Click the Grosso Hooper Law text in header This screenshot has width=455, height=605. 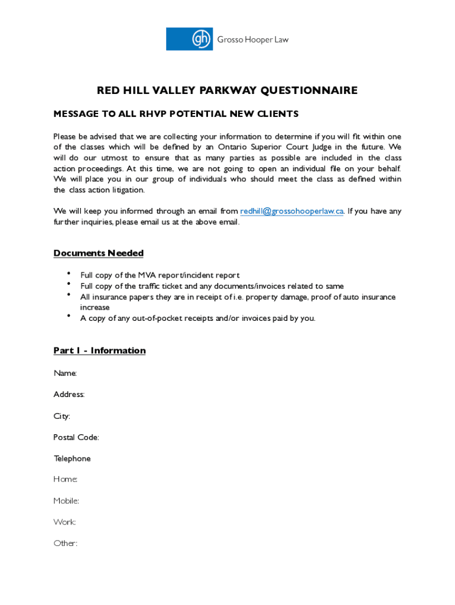(252, 40)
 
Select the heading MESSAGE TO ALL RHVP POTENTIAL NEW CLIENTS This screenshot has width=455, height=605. (176, 113)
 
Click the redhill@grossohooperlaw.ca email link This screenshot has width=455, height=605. (291, 211)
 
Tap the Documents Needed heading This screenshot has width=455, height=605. (99, 253)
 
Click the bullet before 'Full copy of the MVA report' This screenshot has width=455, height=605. (69, 274)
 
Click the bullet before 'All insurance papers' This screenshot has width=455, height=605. (69, 295)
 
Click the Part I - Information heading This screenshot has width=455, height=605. (99, 351)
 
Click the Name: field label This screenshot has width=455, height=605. (65, 373)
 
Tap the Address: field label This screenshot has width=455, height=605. (69, 395)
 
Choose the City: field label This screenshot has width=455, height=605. (62, 416)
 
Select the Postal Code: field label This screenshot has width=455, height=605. (76, 437)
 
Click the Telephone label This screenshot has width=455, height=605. (72, 458)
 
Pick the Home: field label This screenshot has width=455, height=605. (66, 480)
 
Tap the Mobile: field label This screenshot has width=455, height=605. (67, 501)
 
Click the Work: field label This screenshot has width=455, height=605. (65, 522)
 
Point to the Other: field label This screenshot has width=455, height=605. (66, 544)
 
